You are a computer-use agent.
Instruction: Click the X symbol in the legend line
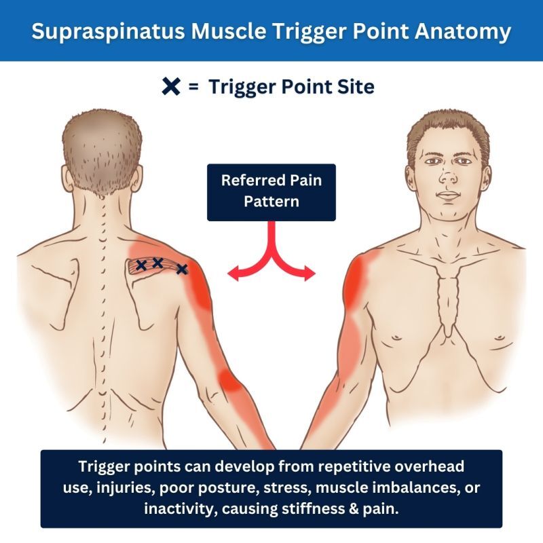coord(171,86)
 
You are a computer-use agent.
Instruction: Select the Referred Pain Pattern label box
coord(271,192)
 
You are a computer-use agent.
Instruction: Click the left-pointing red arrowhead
coord(232,274)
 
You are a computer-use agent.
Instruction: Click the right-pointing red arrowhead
coord(310,274)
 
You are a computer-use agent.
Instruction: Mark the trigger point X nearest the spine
coord(141,265)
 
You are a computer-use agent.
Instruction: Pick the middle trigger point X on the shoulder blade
coord(157,263)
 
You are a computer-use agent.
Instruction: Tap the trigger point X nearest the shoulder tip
coord(181,269)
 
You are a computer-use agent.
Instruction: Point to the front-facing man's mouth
coord(446,195)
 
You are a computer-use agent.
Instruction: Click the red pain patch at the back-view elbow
coord(228,380)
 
